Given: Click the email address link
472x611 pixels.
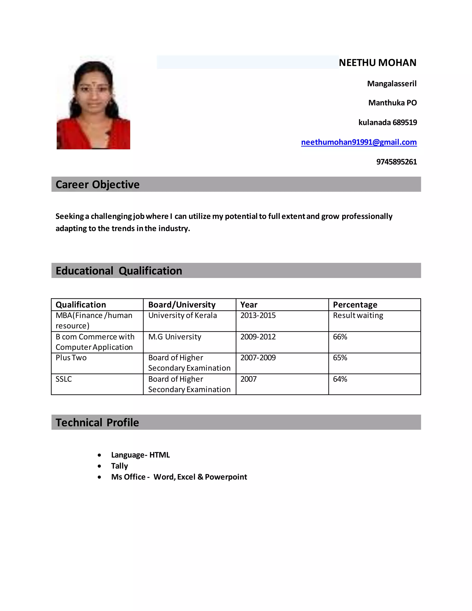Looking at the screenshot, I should point(359,142).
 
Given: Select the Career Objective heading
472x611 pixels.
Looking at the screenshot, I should point(97,185).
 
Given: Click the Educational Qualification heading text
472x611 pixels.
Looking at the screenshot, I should point(119,271).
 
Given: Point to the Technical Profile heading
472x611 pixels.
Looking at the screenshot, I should point(97,422).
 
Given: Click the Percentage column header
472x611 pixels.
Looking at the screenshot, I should point(355,305).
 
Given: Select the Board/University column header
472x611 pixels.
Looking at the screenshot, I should point(182,305).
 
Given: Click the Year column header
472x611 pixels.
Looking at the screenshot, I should point(249,305).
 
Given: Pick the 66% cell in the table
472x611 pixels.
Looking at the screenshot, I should point(340,337).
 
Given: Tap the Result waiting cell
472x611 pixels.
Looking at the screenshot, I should point(358,316).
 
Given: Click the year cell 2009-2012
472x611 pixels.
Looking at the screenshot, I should point(258,337).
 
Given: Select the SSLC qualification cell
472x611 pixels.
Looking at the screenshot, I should point(64,379).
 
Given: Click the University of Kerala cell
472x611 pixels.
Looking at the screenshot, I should point(182,316).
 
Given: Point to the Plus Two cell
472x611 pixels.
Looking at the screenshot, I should point(71,358).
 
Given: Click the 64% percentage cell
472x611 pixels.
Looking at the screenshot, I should point(340,379).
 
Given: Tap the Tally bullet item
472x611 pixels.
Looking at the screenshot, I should point(119,466).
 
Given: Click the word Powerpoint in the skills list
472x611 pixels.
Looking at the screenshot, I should point(226,477).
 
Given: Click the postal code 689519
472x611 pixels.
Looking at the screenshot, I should point(405,122).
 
